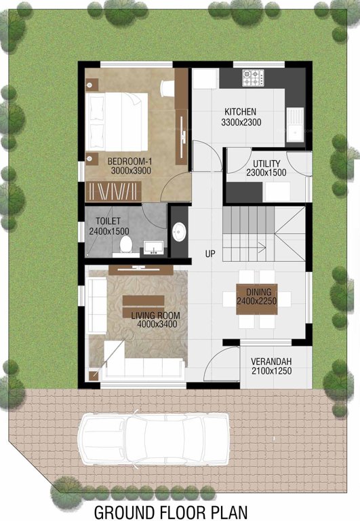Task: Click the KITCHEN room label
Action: tap(241, 111)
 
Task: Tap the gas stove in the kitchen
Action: tap(253, 77)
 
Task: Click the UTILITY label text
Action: tap(266, 163)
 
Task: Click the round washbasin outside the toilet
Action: tap(179, 232)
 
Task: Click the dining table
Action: tap(257, 298)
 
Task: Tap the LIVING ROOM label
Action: tap(155, 315)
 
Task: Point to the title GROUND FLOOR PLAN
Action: tap(171, 510)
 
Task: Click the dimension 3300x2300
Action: tap(241, 122)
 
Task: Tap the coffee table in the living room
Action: tap(144, 301)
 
